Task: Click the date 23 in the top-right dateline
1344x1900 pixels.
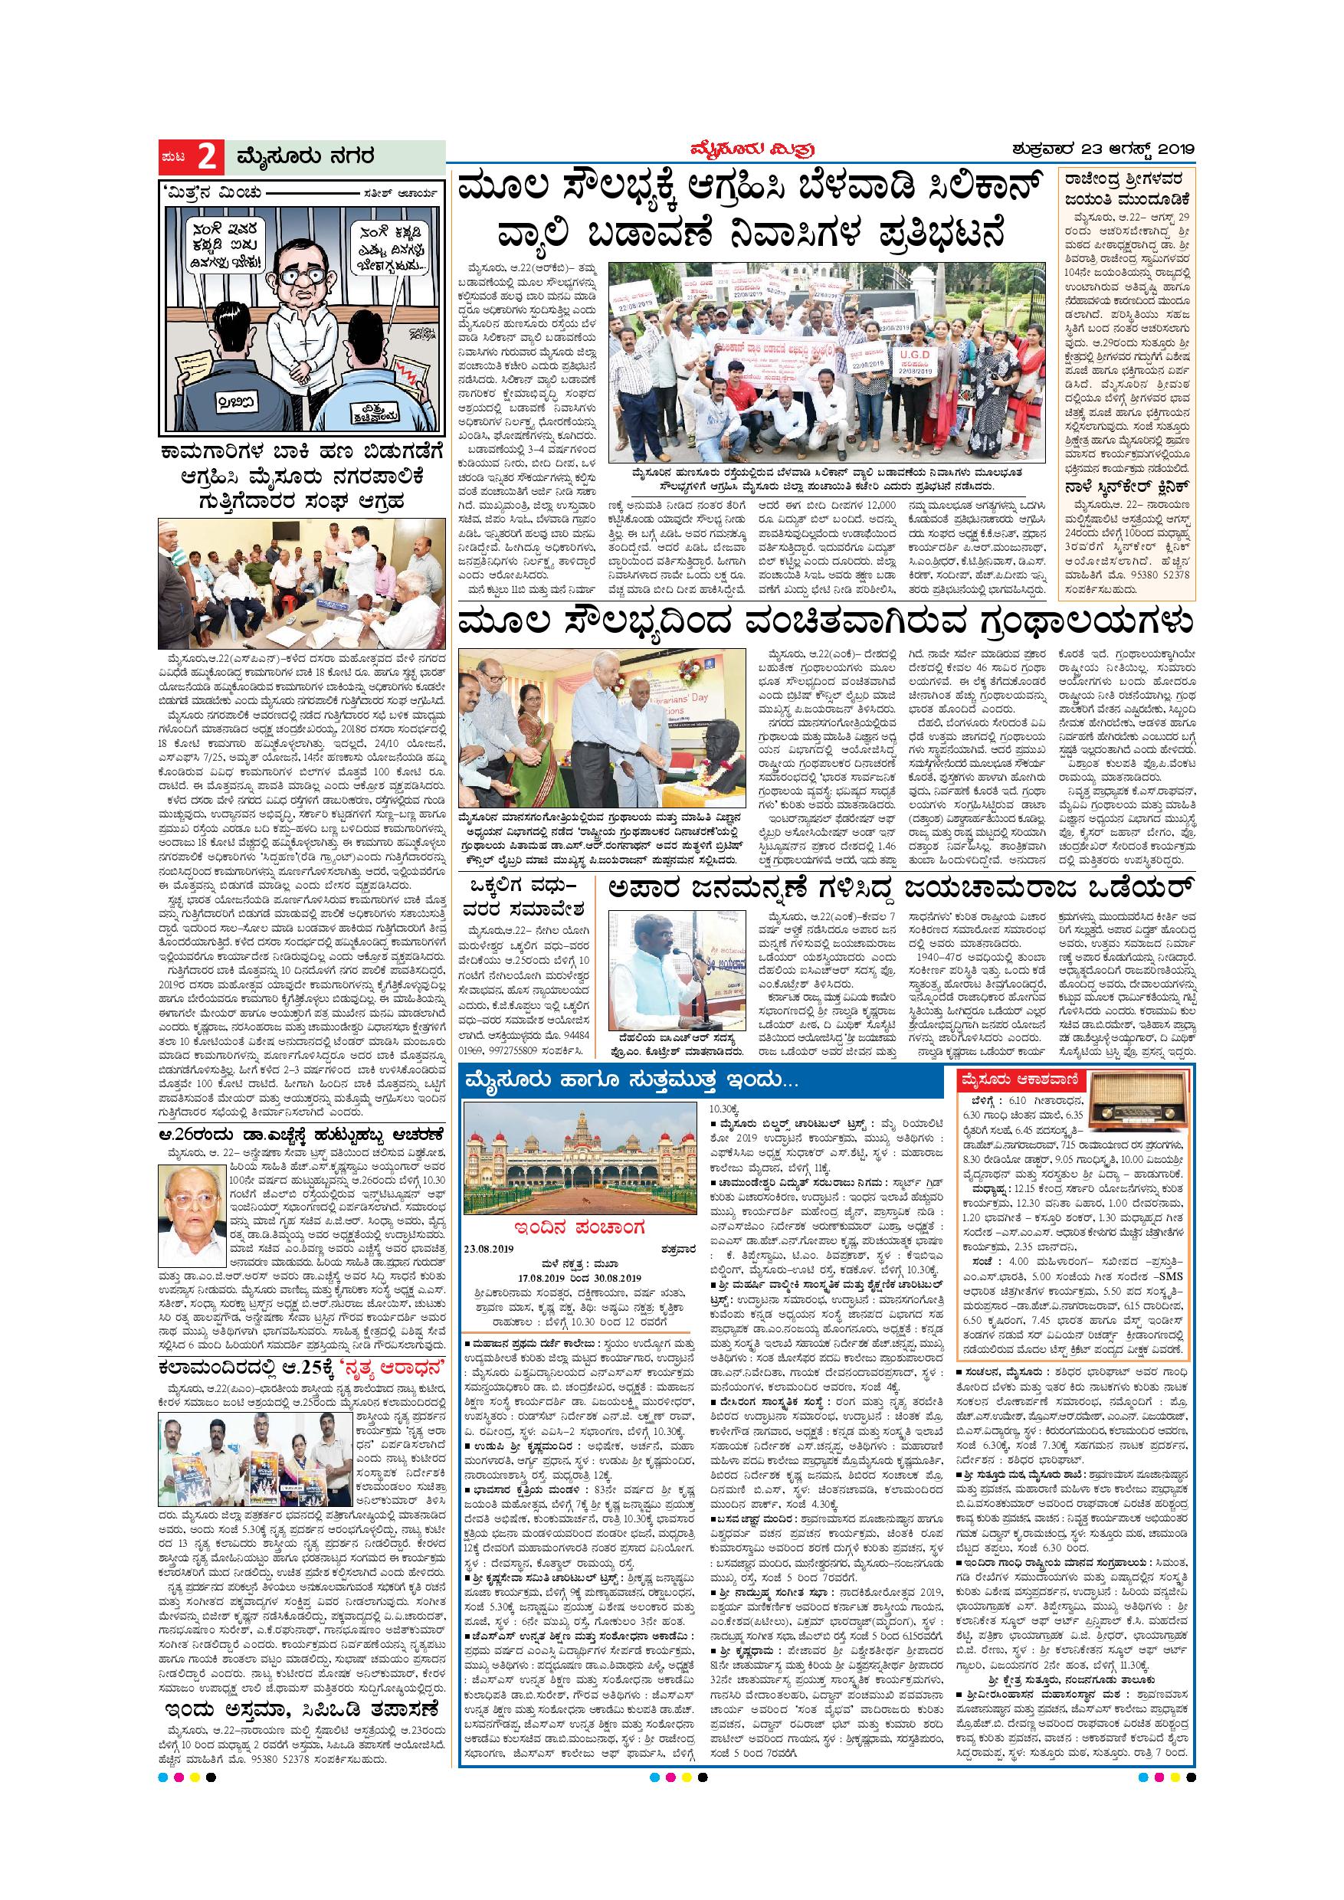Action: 1090,151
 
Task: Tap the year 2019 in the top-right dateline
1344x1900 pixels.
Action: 1165,151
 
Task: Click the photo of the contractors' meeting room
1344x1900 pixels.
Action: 302,581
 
